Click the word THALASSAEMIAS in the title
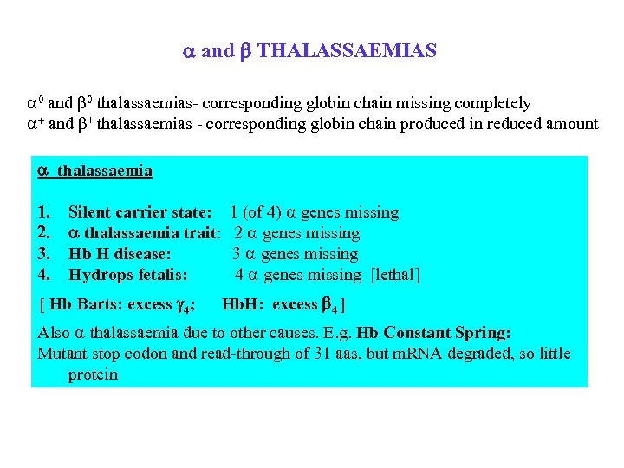(x=347, y=51)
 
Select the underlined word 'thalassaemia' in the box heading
(x=105, y=171)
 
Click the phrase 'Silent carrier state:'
(x=140, y=212)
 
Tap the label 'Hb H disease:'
(x=119, y=254)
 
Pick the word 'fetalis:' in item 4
(x=161, y=275)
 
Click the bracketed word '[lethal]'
(x=394, y=275)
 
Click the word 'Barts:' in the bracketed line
(x=100, y=304)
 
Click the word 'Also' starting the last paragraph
(x=54, y=333)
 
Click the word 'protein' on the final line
(x=93, y=374)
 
